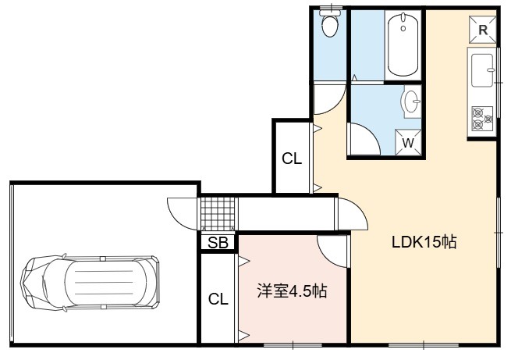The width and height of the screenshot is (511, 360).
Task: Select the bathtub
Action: tap(403, 45)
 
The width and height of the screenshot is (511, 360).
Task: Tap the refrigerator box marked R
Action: tap(483, 30)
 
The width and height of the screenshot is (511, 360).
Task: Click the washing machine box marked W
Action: tap(408, 142)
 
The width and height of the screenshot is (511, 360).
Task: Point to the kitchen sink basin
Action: tap(482, 70)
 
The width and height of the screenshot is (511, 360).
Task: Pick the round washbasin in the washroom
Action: tap(411, 101)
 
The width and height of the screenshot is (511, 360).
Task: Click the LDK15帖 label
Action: tap(424, 242)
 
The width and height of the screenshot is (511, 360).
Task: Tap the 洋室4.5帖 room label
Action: tap(292, 290)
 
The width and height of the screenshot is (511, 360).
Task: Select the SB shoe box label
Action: tap(218, 243)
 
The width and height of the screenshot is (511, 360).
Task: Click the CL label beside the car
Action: tap(218, 298)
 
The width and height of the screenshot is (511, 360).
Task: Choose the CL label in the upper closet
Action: tap(292, 159)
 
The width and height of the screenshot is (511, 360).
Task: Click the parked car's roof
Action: tap(105, 283)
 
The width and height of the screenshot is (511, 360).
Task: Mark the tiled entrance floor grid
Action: tap(218, 214)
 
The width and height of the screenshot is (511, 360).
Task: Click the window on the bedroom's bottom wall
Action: tap(293, 344)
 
